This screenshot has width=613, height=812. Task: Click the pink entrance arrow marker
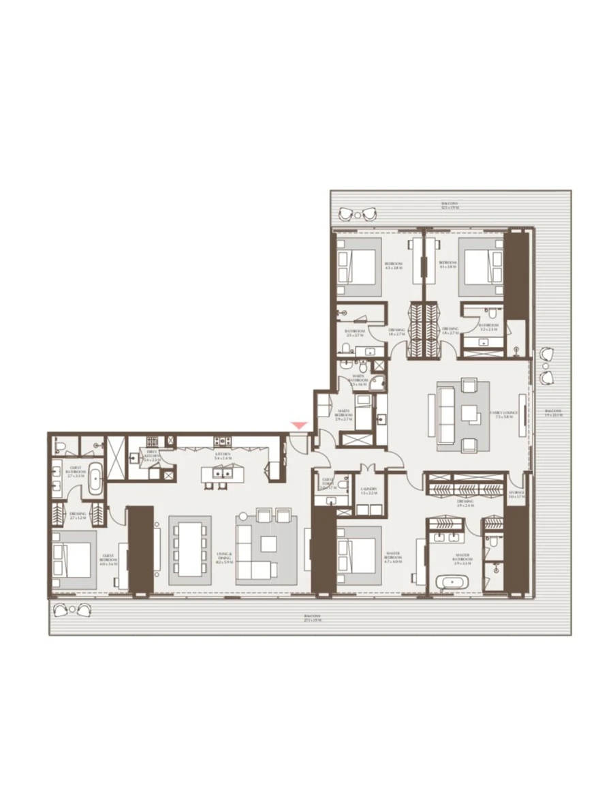click(x=299, y=426)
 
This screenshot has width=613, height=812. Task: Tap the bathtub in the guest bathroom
click(x=95, y=479)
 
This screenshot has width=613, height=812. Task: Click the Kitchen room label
click(x=222, y=455)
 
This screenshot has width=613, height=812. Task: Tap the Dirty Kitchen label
click(x=153, y=455)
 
